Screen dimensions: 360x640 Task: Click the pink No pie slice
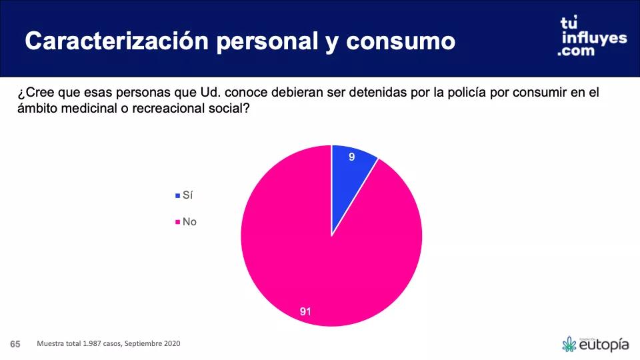pyautogui.click(x=313, y=260)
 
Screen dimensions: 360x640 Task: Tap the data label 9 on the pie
pyautogui.click(x=351, y=157)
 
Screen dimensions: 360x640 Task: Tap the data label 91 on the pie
pyautogui.click(x=306, y=311)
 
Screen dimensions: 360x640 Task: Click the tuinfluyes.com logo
pyautogui.click(x=592, y=37)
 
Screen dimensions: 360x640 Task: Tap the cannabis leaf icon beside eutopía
pyautogui.click(x=569, y=344)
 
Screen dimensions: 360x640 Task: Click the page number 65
pyautogui.click(x=15, y=344)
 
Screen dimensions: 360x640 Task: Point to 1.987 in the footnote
pyautogui.click(x=94, y=344)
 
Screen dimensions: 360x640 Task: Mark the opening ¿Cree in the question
pyautogui.click(x=30, y=93)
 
